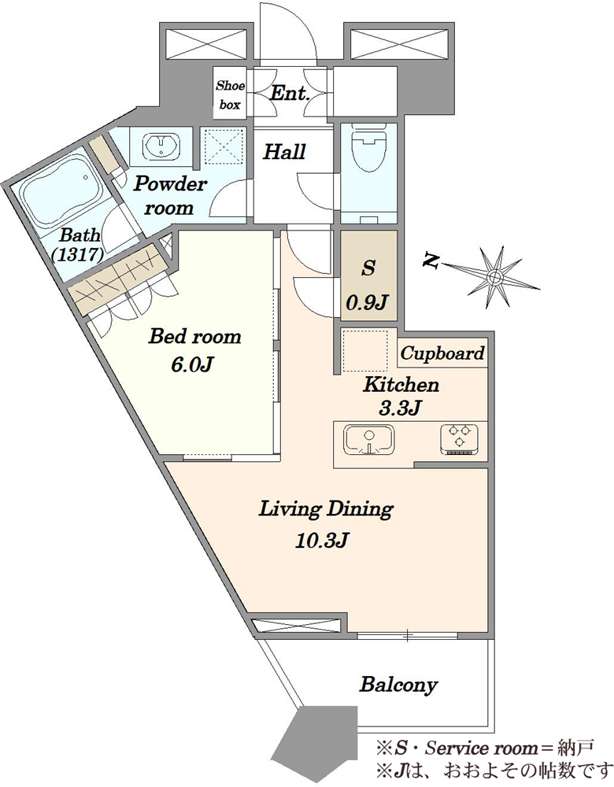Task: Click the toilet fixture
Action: point(368,148)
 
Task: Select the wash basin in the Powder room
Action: point(161,146)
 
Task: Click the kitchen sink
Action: point(368,438)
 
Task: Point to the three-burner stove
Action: point(460,438)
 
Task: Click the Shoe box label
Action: point(230,95)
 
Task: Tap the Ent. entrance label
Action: point(290,93)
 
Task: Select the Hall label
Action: point(285,152)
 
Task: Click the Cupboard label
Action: point(442,353)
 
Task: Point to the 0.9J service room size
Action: point(368,302)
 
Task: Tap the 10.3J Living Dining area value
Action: point(322,541)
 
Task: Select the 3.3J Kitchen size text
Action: point(400,408)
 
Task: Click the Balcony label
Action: point(398,685)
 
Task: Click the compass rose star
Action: point(494,276)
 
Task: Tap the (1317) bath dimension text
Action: point(78,254)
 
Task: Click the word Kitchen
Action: point(401,385)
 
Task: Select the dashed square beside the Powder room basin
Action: point(224,146)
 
